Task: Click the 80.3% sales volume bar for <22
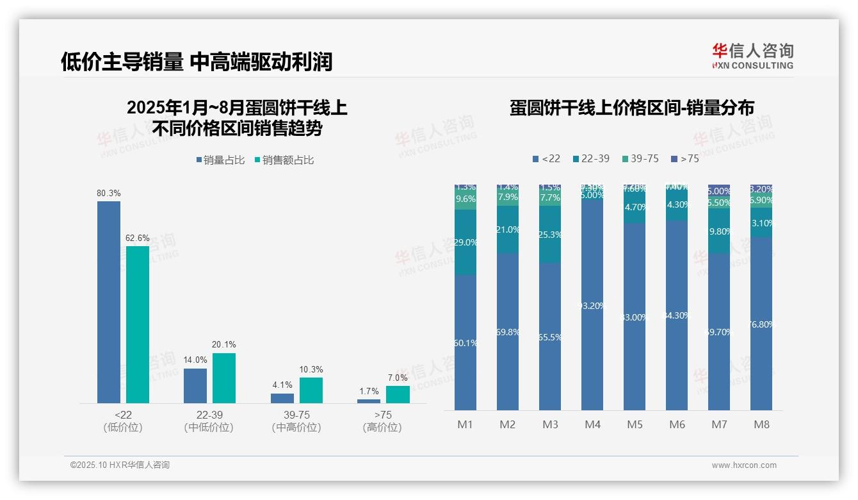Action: tap(109, 302)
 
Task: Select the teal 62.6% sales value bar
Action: tap(138, 324)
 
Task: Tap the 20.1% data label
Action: tap(223, 344)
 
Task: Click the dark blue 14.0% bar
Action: tap(195, 386)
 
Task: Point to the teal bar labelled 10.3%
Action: tap(311, 390)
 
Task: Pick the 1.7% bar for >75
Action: tap(368, 401)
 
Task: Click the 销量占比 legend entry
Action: tap(220, 160)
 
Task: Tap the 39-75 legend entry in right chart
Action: tap(640, 158)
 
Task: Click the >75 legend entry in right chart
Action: tap(684, 158)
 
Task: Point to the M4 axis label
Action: tap(592, 424)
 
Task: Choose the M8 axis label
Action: tap(761, 424)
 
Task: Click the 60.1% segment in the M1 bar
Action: tap(465, 342)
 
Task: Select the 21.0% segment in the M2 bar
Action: tap(508, 229)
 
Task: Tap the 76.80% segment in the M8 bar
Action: tap(761, 324)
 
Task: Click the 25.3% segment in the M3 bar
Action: tap(550, 235)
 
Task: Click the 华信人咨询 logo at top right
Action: tap(752, 55)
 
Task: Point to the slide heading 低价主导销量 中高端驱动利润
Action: tap(197, 62)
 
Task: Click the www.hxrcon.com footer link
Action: tap(744, 465)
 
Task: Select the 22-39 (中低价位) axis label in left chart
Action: tap(209, 421)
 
